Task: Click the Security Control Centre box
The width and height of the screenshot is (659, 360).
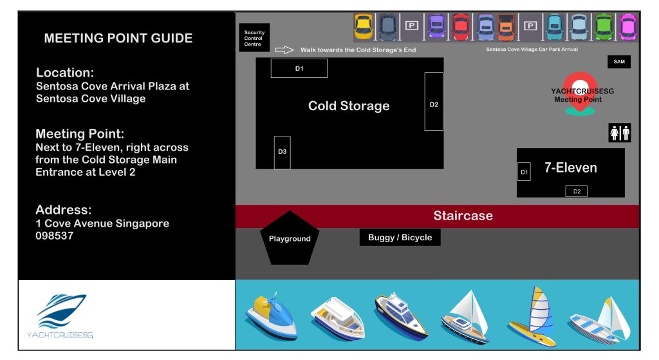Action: pyautogui.click(x=254, y=38)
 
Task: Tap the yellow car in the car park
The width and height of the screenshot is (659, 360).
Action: pyautogui.click(x=363, y=26)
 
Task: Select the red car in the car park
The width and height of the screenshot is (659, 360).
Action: pyautogui.click(x=461, y=27)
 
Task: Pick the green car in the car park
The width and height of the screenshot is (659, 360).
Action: pyautogui.click(x=604, y=27)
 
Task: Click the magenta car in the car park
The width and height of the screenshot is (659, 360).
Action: pyautogui.click(x=628, y=27)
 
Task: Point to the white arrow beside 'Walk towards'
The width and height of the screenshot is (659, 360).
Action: pyautogui.click(x=284, y=50)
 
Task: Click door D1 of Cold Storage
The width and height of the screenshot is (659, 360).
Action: pyautogui.click(x=299, y=68)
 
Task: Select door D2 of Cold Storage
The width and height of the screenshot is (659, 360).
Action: pyautogui.click(x=434, y=101)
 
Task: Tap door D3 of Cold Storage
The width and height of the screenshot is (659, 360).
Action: pyautogui.click(x=283, y=152)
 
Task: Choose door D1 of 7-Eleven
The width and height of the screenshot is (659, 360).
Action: pyautogui.click(x=524, y=171)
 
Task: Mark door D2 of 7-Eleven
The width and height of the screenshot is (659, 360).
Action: pyautogui.click(x=577, y=191)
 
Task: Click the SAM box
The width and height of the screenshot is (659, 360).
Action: pyautogui.click(x=619, y=62)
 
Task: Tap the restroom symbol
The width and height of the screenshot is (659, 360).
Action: pyautogui.click(x=620, y=133)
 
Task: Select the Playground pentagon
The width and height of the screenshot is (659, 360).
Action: pyautogui.click(x=290, y=238)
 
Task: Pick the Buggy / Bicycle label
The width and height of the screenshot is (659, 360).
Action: pyautogui.click(x=400, y=237)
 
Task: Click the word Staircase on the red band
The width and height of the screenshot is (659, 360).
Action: pyautogui.click(x=463, y=216)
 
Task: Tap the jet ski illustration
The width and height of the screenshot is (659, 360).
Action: pyautogui.click(x=272, y=316)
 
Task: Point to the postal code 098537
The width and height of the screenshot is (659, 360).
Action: pyautogui.click(x=54, y=236)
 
